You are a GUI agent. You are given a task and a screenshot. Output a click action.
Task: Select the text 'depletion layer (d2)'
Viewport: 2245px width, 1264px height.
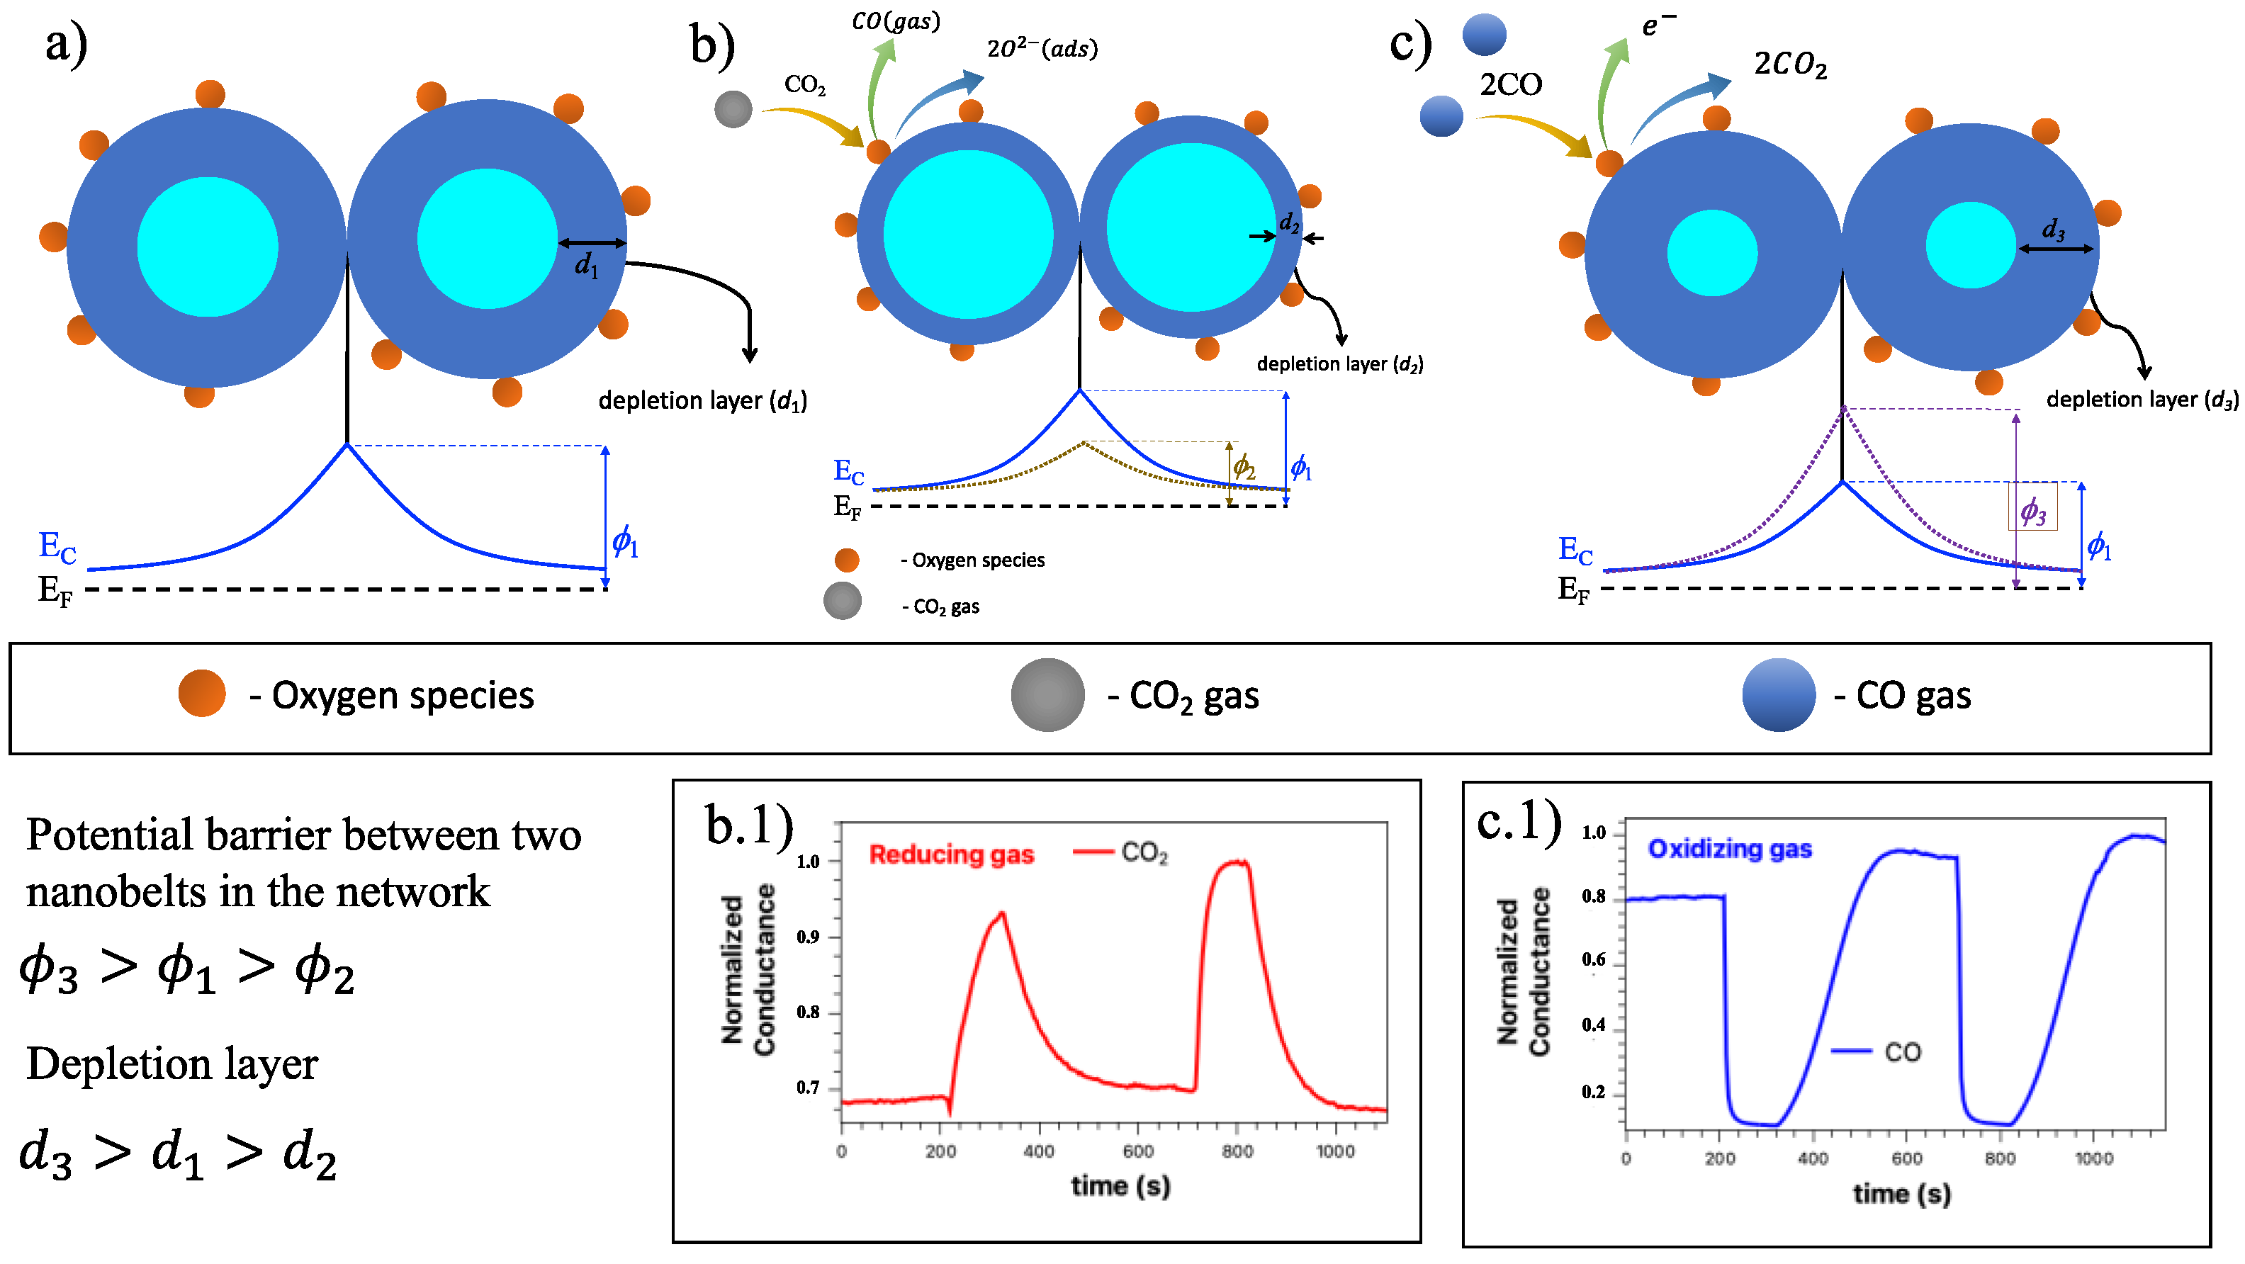coord(1339,363)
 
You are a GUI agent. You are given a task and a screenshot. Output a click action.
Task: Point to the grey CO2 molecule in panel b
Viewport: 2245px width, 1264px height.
coord(733,109)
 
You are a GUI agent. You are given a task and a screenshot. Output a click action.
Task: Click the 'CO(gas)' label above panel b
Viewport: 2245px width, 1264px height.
coord(896,21)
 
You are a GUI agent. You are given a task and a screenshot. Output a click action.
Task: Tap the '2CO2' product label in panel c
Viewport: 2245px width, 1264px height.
coord(1790,64)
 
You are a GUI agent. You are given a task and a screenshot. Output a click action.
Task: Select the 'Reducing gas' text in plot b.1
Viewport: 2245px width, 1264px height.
coord(951,854)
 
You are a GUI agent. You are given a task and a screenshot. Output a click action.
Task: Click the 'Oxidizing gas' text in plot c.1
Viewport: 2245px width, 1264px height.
coord(1729,849)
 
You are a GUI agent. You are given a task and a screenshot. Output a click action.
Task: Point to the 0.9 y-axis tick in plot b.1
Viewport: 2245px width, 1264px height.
coord(808,937)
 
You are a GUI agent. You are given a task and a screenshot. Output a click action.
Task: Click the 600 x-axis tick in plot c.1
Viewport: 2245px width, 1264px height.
coord(1907,1158)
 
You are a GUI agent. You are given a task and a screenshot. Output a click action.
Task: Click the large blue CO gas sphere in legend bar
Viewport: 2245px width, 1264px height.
coord(1779,695)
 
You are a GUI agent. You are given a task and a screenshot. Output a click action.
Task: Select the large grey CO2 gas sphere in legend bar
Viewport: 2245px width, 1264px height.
coord(1047,695)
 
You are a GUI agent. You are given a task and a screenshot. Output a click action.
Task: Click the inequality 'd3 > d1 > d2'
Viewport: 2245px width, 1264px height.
coord(178,1154)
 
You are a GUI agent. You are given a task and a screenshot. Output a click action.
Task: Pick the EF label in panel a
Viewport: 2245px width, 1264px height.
coord(55,591)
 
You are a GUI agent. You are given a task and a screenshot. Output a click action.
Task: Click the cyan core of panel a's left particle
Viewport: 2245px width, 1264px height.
coord(208,247)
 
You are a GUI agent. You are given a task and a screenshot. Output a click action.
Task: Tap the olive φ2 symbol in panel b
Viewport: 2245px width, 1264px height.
coord(1244,467)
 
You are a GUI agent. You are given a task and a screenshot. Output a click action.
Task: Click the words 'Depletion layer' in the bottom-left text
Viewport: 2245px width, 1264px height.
coord(171,1063)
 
